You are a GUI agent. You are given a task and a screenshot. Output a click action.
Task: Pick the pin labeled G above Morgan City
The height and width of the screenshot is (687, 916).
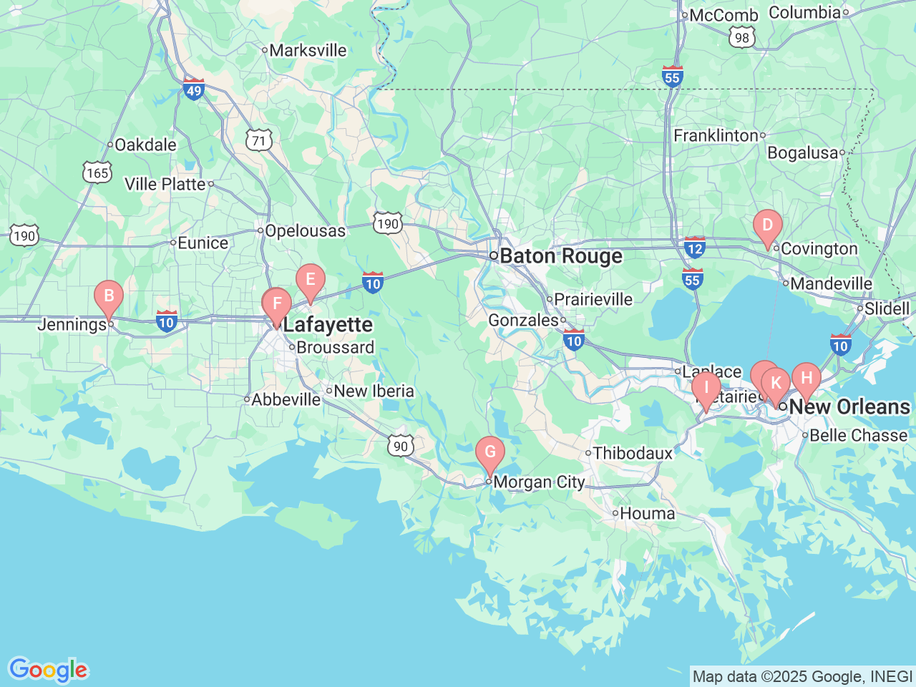pos(490,452)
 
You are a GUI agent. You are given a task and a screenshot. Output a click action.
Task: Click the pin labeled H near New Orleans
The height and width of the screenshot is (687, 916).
pos(807,379)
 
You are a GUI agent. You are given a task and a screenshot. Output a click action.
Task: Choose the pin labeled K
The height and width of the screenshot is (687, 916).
pos(776,384)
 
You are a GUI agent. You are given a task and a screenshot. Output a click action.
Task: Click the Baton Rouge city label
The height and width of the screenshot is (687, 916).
pos(560,256)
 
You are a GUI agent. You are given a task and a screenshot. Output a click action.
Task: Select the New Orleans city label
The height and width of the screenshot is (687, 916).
pos(849,407)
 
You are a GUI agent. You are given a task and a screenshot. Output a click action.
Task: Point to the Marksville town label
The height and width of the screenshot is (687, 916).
pos(308,51)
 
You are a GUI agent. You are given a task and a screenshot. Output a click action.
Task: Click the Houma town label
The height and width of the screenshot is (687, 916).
pos(647,514)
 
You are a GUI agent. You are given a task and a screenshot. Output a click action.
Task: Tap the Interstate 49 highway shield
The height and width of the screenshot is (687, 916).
pos(194,89)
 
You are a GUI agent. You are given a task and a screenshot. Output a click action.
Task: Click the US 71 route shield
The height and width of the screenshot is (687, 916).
pos(259,141)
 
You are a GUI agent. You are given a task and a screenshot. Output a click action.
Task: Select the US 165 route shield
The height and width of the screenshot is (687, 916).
pos(97,173)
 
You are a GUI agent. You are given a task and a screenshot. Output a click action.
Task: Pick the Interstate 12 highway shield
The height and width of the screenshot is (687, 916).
pos(694,248)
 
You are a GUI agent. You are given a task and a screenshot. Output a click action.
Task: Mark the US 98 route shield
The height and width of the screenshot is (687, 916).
pos(742,38)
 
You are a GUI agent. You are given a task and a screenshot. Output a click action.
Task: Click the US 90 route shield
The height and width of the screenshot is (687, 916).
pos(401,447)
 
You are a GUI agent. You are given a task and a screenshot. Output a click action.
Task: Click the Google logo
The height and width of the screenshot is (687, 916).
pos(48,671)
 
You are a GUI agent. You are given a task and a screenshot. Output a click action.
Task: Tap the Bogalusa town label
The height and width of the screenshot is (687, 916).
pos(802,153)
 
